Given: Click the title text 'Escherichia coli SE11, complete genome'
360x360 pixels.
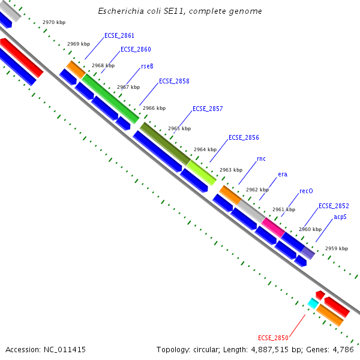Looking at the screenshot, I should pyautogui.click(x=180, y=11).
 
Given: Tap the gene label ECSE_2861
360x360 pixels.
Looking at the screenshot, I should pyautogui.click(x=119, y=35).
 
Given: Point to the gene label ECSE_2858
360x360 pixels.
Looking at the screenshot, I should pyautogui.click(x=174, y=81).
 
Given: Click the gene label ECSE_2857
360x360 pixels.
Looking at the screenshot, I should pyautogui.click(x=208, y=109).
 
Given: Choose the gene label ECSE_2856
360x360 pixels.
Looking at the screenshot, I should pyautogui.click(x=244, y=137).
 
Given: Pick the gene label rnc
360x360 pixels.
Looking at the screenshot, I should pyautogui.click(x=261, y=158).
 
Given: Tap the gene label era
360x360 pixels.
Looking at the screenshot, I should pyautogui.click(x=282, y=175).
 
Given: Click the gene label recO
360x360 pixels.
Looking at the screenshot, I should pyautogui.click(x=306, y=191).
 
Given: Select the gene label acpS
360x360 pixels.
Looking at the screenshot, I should pyautogui.click(x=340, y=217).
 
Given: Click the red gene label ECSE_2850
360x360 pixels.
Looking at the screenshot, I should pyautogui.click(x=273, y=338).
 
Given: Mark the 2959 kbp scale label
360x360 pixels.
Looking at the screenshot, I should pyautogui.click(x=336, y=248).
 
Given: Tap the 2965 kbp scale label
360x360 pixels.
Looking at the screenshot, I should pyautogui.click(x=179, y=129).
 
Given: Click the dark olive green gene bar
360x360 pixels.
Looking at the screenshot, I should pyautogui.click(x=165, y=143).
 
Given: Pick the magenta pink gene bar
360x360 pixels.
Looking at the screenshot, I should pyautogui.click(x=273, y=227).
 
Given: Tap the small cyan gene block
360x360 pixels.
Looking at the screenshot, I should pyautogui.click(x=312, y=304).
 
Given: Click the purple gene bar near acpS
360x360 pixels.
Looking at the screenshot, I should pyautogui.click(x=308, y=253).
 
